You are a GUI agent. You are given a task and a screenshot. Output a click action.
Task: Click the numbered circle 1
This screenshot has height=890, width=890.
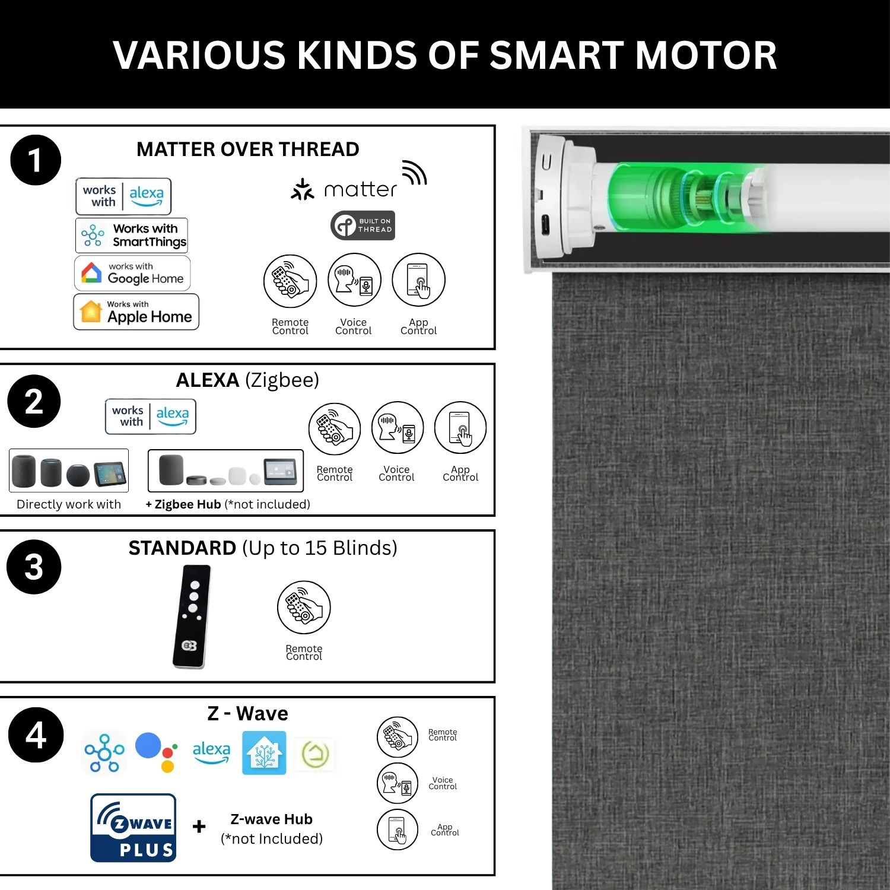coord(36,160)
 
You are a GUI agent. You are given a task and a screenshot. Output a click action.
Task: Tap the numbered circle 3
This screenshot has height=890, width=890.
coord(34,567)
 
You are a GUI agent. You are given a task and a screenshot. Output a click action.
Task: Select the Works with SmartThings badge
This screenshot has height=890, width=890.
coord(132,235)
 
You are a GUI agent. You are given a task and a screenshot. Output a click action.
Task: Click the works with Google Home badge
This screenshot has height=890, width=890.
coord(132,273)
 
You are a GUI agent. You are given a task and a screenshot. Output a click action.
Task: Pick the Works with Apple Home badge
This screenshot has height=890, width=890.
coord(136,311)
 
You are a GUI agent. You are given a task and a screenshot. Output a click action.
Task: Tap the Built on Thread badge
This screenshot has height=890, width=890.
coord(363,225)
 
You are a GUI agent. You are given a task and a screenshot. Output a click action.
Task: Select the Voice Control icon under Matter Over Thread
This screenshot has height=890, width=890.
coord(354,280)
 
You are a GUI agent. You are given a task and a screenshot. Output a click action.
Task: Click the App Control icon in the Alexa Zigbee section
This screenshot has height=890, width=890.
coord(460,428)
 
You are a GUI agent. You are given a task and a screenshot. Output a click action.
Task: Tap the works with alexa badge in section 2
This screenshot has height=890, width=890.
coord(151,417)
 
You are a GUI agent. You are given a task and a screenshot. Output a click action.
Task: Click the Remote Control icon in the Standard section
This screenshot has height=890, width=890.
coord(304,607)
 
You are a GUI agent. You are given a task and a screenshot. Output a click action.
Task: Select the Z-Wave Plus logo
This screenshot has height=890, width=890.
coord(133,828)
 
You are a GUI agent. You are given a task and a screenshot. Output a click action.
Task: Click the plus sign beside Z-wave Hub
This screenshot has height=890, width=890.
coord(199,826)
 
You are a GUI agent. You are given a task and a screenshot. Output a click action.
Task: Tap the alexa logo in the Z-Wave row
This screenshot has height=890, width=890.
coord(211,752)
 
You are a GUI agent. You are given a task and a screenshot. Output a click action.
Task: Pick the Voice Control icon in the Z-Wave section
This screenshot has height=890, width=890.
coord(398,783)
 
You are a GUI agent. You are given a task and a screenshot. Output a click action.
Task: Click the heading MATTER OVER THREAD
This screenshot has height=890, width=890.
coord(248,149)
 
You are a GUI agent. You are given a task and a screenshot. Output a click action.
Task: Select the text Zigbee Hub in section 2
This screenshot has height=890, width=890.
coord(187,504)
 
